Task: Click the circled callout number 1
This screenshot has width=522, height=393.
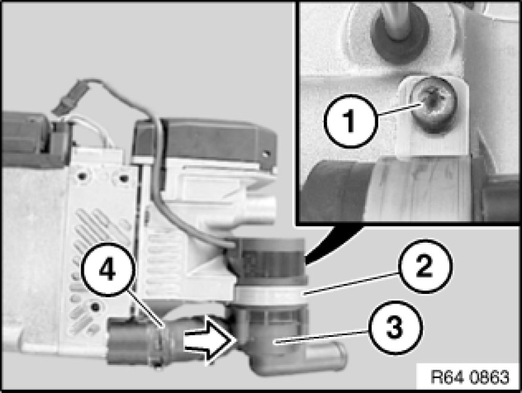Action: tap(351, 121)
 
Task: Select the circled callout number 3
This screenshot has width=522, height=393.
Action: tap(395, 327)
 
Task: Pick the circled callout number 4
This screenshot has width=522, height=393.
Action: tap(107, 270)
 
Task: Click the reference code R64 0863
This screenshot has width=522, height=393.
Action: tap(470, 377)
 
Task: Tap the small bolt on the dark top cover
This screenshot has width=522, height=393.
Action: tap(265, 154)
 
